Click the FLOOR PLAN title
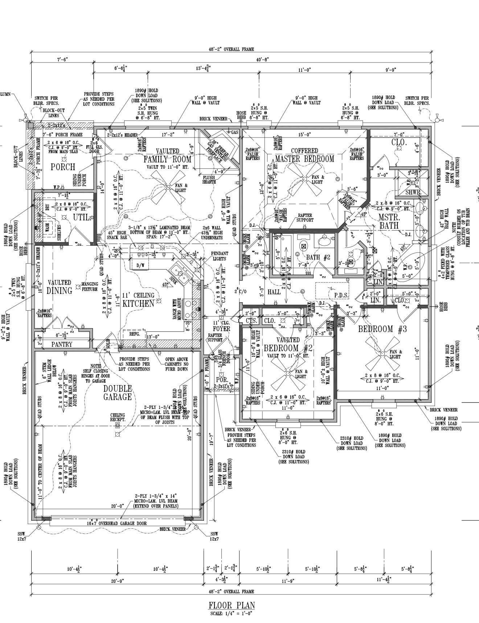coord(232,606)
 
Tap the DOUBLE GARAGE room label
coord(117,393)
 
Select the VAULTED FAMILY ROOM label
coord(167,155)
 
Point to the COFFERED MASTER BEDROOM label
coord(304,155)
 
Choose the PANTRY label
coord(62,344)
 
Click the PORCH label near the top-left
coord(63,167)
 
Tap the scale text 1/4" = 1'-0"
coord(231,614)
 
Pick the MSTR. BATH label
coord(388,221)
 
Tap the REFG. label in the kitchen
coord(135,334)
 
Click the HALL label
coord(274,292)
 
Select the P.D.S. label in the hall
coord(341,296)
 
